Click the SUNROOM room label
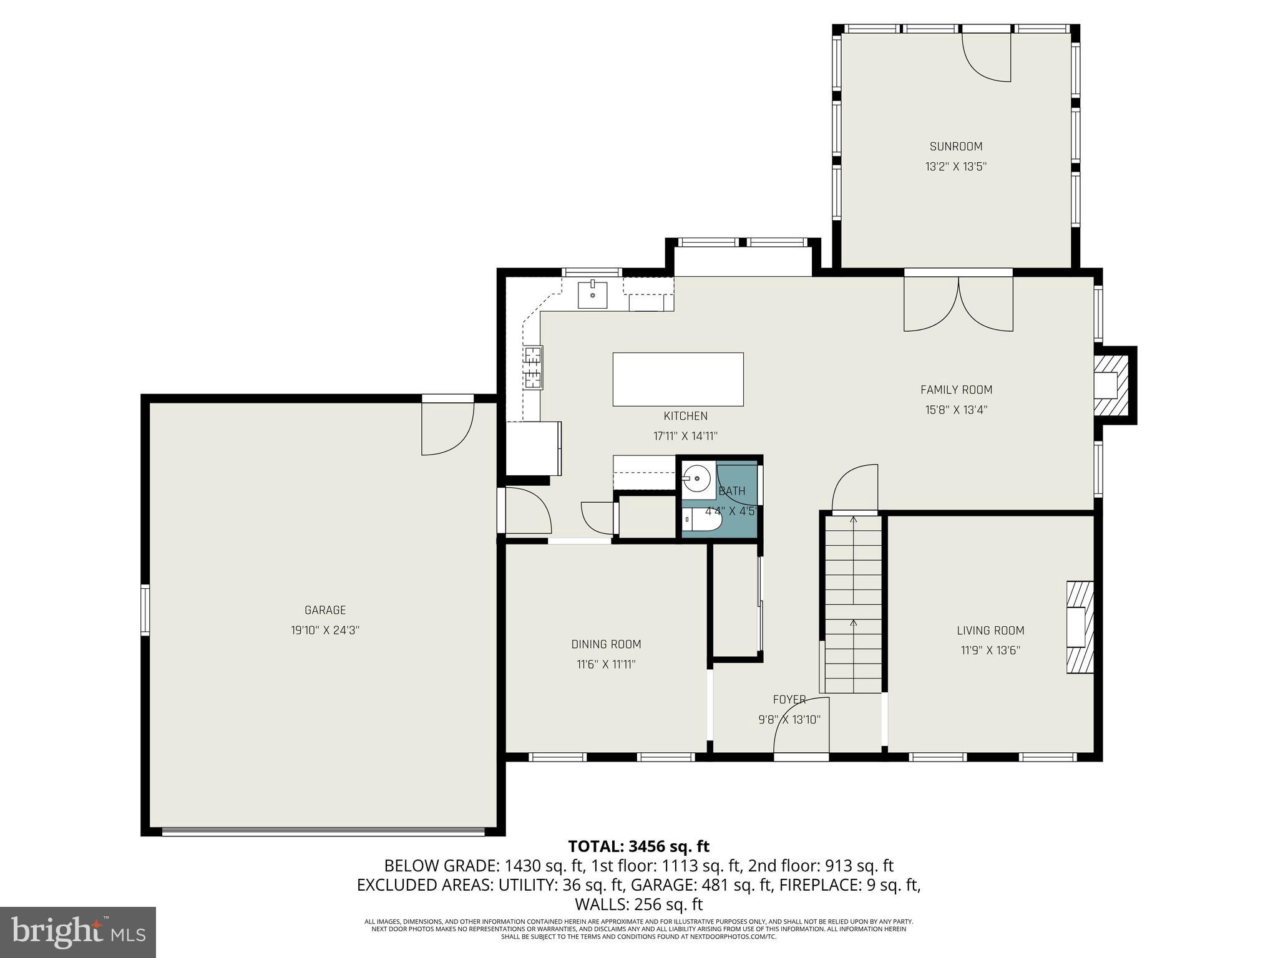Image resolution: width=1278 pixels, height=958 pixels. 955,147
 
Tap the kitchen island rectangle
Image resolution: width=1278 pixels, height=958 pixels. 678,379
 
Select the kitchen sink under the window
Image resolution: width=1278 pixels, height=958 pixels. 592,295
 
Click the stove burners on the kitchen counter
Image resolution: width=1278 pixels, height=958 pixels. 533,367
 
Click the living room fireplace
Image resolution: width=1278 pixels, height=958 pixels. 1079,627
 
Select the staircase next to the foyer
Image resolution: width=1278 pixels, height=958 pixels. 853,602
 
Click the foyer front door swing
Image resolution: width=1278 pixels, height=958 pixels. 801,727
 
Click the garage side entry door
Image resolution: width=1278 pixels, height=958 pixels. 447,428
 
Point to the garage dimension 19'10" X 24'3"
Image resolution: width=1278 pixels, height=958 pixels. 325,630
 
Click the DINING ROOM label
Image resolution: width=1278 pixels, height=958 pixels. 606,644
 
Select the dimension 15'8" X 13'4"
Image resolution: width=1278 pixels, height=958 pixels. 955,410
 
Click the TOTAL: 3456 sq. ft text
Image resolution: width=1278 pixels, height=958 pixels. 638,846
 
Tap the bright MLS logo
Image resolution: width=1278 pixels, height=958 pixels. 78,932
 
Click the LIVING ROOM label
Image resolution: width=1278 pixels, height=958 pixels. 990,631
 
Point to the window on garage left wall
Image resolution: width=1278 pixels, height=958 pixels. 145,609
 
